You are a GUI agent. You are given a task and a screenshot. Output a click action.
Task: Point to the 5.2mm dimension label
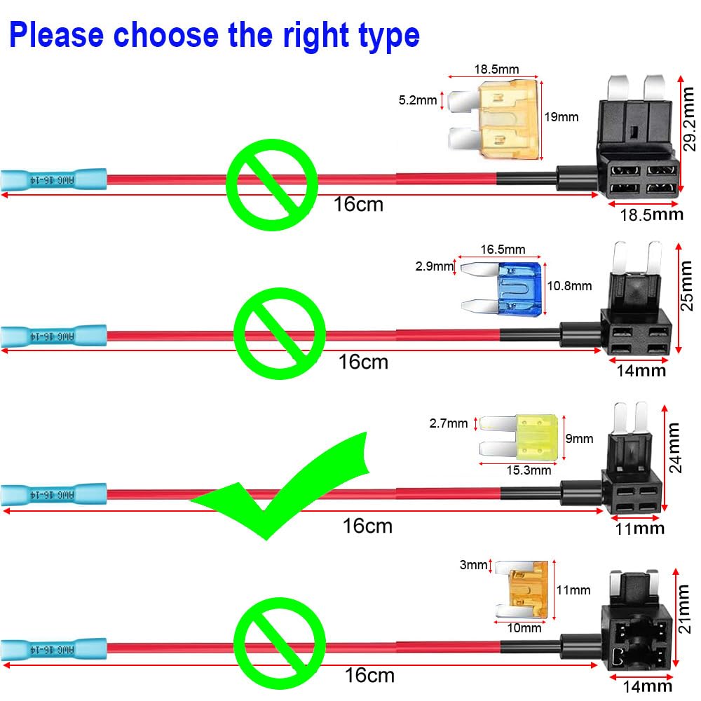pyautogui.click(x=418, y=100)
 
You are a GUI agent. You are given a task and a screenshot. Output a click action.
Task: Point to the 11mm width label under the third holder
pyautogui.click(x=640, y=529)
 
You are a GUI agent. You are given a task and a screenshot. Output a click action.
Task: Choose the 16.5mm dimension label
pyautogui.click(x=503, y=250)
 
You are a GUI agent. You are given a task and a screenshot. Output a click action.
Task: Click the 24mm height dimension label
pyautogui.click(x=690, y=447)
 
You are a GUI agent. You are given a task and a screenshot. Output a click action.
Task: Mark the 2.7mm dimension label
pyautogui.click(x=449, y=423)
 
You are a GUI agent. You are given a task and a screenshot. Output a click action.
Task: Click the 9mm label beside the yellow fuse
pyautogui.click(x=579, y=440)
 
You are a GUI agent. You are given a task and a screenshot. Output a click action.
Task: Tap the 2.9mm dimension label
pyautogui.click(x=435, y=266)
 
